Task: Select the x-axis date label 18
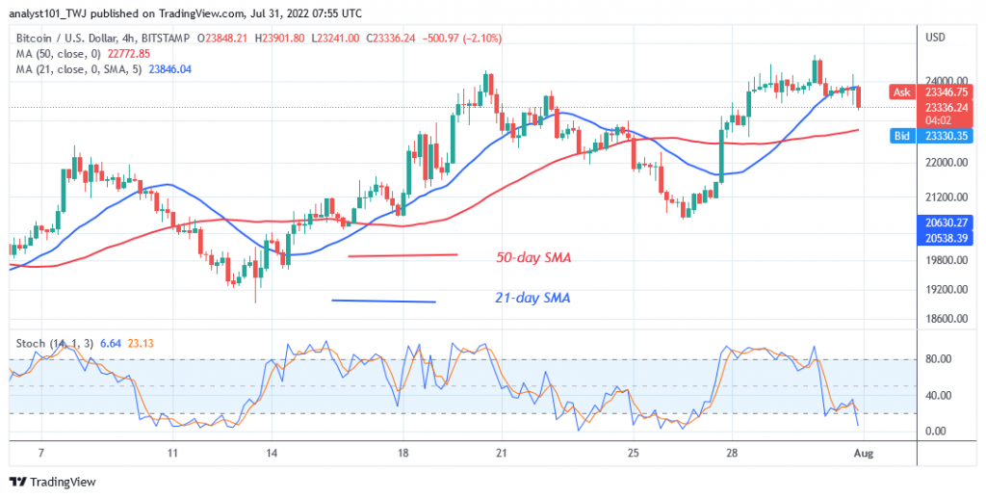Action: click(x=402, y=452)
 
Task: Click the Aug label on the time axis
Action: click(x=861, y=452)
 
